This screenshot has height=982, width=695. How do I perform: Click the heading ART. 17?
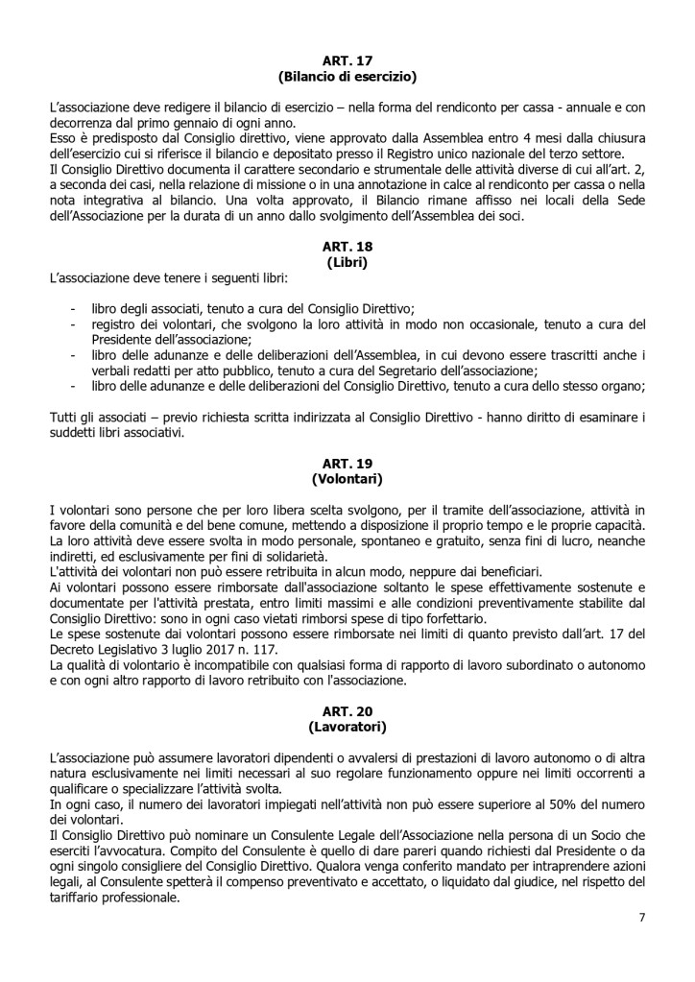[x=347, y=60]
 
